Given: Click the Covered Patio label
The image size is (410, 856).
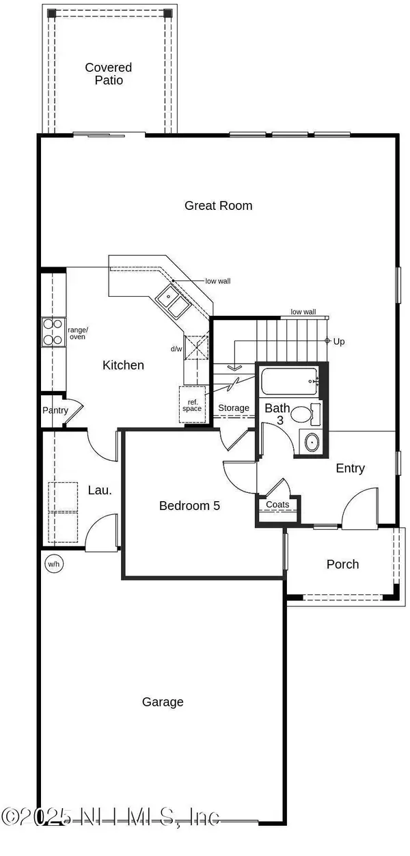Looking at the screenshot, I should [108, 74].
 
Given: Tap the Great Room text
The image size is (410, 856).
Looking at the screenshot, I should [218, 205].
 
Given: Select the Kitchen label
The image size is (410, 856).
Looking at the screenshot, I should [123, 365].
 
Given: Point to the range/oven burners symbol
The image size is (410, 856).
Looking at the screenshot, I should [53, 332].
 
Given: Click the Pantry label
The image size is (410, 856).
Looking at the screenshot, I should [55, 410].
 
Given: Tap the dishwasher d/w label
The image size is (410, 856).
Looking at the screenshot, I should [176, 349].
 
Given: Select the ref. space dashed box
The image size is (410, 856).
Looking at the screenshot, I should [192, 405].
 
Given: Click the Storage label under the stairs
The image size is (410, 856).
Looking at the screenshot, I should [234, 408].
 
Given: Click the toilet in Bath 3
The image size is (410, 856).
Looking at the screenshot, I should [304, 414].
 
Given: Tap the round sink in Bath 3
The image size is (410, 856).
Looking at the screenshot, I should [311, 442].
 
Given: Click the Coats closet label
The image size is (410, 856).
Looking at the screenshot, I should [277, 505].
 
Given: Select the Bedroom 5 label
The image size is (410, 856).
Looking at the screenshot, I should [189, 506].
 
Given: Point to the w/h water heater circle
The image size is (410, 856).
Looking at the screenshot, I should [53, 564].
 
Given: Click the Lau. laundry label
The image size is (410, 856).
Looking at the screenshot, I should [99, 490].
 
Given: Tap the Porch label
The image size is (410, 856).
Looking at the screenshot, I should [342, 564].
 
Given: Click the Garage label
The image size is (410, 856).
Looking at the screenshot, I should [163, 701].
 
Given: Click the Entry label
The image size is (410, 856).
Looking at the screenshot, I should [350, 468].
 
